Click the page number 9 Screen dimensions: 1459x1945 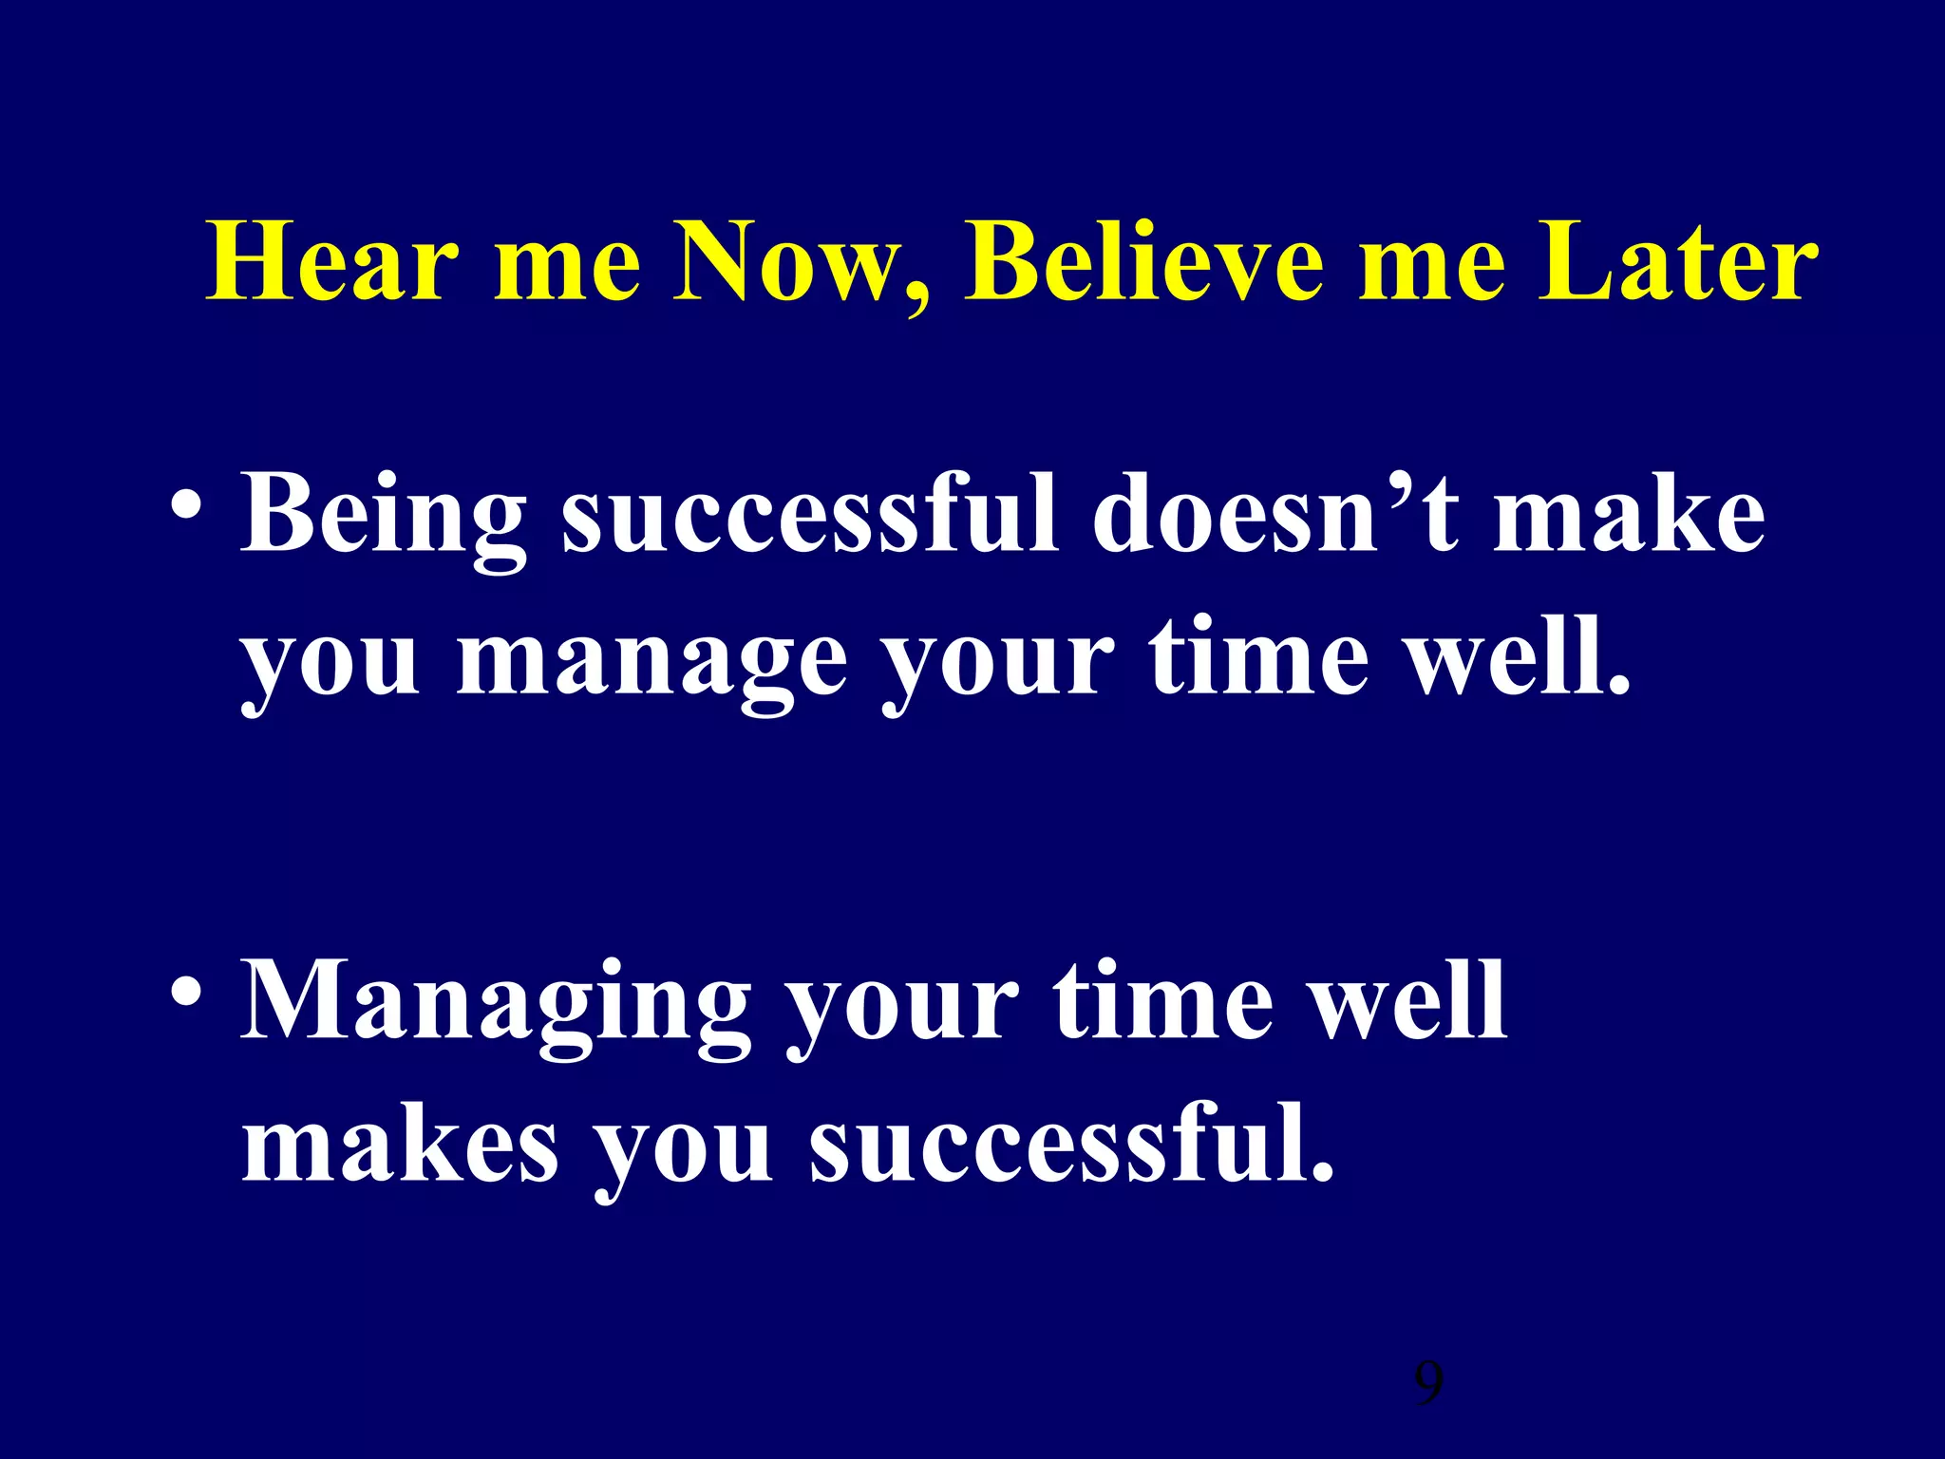(1428, 1384)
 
